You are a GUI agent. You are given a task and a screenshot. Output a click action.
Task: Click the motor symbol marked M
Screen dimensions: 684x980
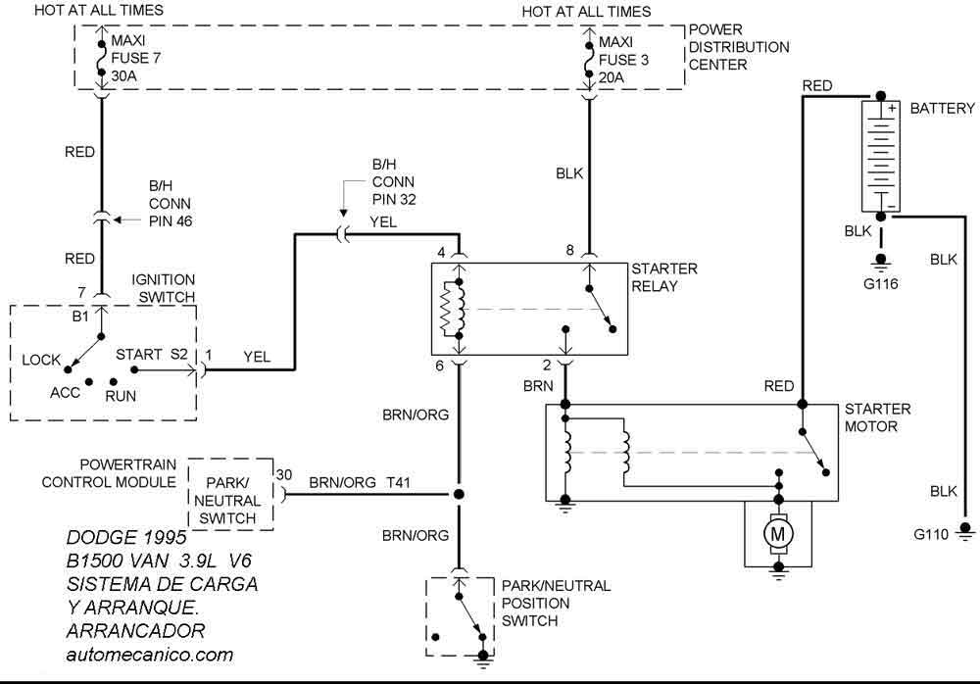pos(780,535)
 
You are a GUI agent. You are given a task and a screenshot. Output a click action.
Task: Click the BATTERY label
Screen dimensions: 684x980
pos(942,108)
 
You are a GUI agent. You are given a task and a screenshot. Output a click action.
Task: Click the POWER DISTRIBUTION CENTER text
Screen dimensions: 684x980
pos(738,47)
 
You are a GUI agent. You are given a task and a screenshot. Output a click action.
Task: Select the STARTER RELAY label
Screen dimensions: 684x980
pos(664,277)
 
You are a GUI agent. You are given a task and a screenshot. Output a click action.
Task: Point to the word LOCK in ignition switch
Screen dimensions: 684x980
pos(41,360)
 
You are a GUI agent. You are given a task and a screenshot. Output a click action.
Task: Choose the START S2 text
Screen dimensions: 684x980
pos(152,353)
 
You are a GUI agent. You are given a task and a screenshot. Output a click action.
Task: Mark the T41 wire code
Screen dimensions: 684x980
pos(399,482)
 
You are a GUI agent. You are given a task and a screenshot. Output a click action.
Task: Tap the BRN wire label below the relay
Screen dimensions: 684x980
pos(538,387)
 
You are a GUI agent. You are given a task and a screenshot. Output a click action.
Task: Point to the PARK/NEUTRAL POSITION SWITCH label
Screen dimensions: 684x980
pos(556,603)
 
